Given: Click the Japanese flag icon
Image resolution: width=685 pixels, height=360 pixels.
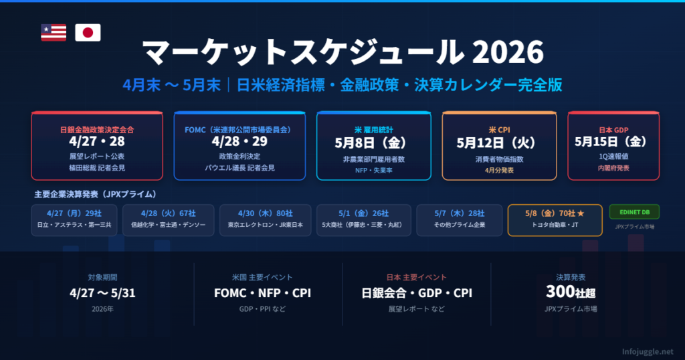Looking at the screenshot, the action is [x=88, y=33].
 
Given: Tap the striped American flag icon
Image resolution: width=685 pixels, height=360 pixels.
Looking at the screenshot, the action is [x=54, y=33].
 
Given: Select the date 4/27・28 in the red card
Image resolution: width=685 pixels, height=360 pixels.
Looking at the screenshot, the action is [x=97, y=142].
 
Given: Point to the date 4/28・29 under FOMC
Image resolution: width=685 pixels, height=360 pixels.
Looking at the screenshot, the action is [x=239, y=142].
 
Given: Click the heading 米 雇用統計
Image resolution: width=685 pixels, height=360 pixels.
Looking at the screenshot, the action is [x=373, y=130].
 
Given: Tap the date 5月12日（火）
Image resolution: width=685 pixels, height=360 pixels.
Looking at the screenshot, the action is [x=499, y=143].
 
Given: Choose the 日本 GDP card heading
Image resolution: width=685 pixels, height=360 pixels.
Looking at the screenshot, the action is [x=613, y=130].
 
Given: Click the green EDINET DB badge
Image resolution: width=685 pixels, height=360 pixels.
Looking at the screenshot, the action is [x=634, y=212].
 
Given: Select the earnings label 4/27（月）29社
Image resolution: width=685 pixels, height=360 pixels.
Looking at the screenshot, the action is [x=74, y=213].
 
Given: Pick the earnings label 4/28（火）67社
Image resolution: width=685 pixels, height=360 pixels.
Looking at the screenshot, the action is [x=168, y=213].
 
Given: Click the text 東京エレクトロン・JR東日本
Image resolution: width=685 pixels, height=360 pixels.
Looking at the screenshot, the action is [x=265, y=225].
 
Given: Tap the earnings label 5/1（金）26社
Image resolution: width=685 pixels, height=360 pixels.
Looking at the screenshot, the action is [x=363, y=213].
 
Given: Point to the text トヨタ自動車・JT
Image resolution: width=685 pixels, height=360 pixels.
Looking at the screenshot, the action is [x=555, y=225].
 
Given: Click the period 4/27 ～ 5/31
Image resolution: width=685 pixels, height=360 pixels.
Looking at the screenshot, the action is [x=102, y=292].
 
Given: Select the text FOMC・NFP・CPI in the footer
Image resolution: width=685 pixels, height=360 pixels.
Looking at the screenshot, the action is [x=262, y=292].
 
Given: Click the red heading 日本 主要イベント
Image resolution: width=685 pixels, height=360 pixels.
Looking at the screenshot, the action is [x=416, y=278].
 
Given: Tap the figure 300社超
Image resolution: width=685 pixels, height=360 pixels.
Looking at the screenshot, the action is [x=571, y=292].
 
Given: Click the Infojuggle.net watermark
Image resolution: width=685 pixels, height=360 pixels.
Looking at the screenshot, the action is [x=648, y=351].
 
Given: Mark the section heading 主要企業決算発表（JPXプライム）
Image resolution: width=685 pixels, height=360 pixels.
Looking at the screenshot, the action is [x=95, y=194].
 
